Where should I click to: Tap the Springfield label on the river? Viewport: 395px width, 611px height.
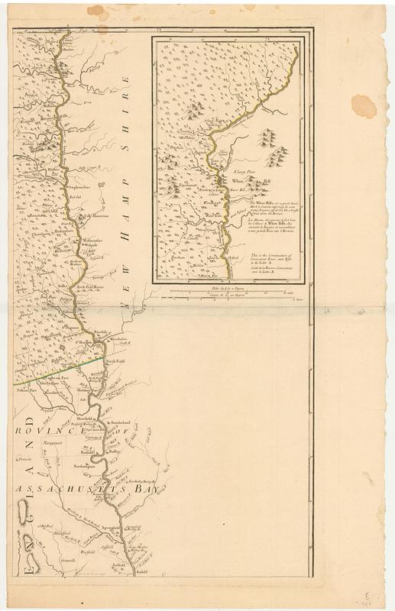coord(110,527)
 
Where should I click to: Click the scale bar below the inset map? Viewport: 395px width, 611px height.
coord(229,292)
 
